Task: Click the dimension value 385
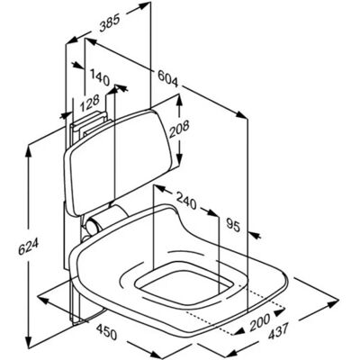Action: tap(110, 23)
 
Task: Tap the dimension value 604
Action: tap(168, 78)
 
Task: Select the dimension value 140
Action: tap(99, 76)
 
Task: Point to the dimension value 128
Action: tap(89, 103)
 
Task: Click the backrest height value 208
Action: tap(179, 130)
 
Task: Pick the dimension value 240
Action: tap(186, 201)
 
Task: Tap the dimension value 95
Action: tap(233, 225)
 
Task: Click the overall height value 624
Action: tap(28, 245)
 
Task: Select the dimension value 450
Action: tap(106, 330)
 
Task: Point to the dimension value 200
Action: tap(259, 321)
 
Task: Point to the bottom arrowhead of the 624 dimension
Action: tap(28, 340)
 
